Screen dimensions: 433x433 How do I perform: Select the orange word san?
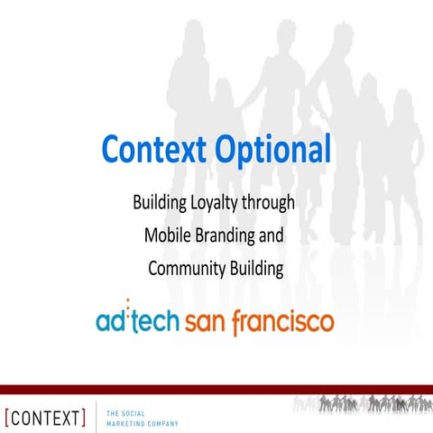pyautogui.click(x=205, y=320)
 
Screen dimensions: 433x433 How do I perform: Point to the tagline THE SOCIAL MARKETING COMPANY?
pyautogui.click(x=142, y=417)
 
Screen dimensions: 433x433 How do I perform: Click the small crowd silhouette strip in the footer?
pyautogui.click(x=360, y=405)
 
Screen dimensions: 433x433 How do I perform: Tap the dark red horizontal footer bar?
pyautogui.click(x=216, y=389)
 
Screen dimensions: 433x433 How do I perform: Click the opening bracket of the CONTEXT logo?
pyautogui.click(x=7, y=417)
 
